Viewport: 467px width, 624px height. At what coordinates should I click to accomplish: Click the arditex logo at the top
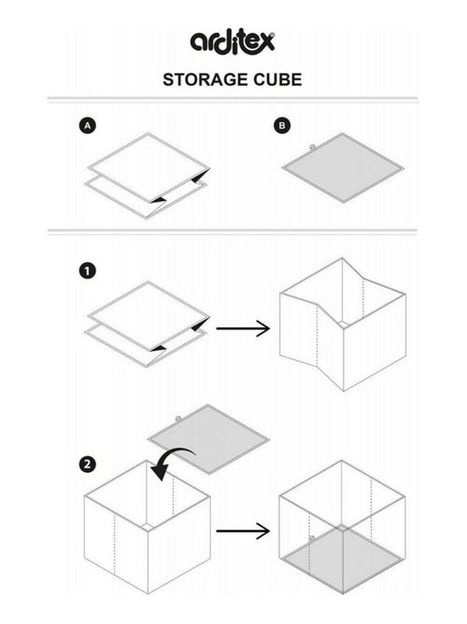[x=233, y=42]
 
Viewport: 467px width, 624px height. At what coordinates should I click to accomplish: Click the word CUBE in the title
[x=277, y=79]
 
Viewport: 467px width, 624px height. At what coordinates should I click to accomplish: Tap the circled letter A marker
[x=87, y=124]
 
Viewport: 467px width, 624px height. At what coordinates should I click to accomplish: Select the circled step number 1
[x=87, y=271]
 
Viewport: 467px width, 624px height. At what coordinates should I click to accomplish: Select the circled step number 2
[x=87, y=464]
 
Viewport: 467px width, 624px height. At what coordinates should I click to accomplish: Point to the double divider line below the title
[x=233, y=99]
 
